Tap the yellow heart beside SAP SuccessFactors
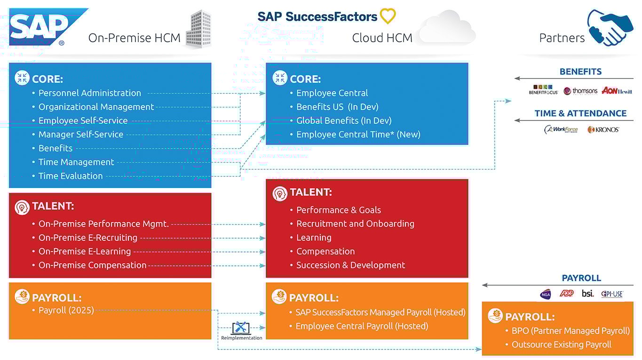click(388, 16)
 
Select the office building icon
click(198, 29)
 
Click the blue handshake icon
click(610, 28)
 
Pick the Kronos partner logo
click(603, 129)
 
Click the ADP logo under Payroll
click(567, 294)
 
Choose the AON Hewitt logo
click(617, 91)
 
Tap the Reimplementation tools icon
click(241, 328)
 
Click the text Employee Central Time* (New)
click(358, 135)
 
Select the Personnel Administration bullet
click(89, 93)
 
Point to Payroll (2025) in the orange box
click(66, 311)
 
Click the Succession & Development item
click(350, 265)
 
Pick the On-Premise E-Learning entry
click(85, 252)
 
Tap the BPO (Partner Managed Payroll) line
click(571, 331)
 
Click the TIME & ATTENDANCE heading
click(580, 113)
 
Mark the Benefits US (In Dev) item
click(337, 107)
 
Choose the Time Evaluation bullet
click(71, 176)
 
